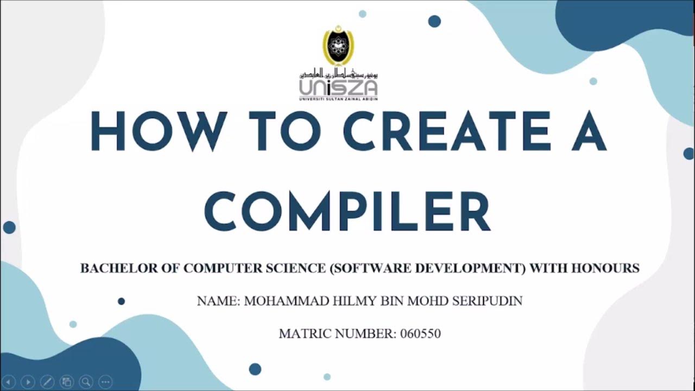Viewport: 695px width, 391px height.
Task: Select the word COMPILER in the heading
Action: [347, 209]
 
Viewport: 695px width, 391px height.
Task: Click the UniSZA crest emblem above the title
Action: [338, 47]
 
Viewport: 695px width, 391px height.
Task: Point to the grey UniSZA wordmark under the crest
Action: [338, 87]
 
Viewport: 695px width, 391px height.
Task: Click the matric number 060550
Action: [420, 333]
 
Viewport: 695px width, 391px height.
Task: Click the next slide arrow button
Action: [28, 382]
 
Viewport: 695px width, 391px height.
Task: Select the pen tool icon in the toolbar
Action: [47, 382]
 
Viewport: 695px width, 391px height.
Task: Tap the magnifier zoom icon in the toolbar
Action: [85, 382]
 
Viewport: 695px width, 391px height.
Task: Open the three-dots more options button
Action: [105, 382]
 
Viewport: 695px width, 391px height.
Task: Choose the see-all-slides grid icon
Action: [66, 382]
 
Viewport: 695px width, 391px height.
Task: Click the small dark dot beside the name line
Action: [121, 301]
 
